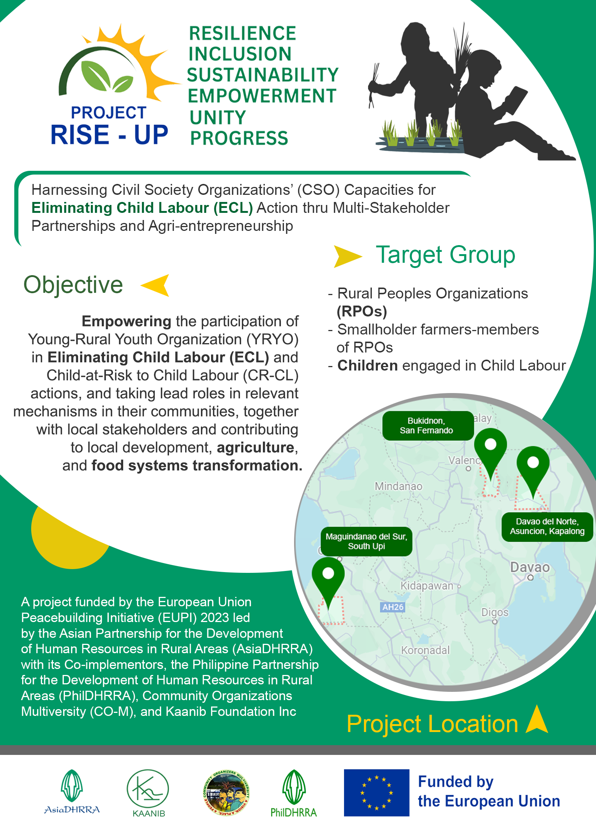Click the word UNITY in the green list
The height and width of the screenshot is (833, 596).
pos(218,117)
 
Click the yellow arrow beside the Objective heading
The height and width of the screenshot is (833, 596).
pos(155,285)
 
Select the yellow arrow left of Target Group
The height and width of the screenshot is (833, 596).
pos(347,256)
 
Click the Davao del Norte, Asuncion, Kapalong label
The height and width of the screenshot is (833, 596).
pos(547,526)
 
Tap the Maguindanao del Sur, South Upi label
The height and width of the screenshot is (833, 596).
pos(366,541)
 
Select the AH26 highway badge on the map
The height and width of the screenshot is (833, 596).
pos(393,607)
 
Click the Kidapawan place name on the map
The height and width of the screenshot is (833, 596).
pos(427,586)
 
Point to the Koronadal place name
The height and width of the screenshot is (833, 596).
pos(425,650)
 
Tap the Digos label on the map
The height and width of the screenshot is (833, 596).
pos(495,612)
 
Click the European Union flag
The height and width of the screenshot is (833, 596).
pos(376,792)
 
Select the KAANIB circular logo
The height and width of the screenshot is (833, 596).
pos(148,789)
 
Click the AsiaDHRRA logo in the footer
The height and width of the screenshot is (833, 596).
pos(72,791)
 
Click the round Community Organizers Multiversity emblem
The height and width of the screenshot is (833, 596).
pos(226,792)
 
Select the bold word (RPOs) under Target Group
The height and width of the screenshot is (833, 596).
pos(362,311)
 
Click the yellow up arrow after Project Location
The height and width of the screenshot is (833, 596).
pos(537,720)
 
